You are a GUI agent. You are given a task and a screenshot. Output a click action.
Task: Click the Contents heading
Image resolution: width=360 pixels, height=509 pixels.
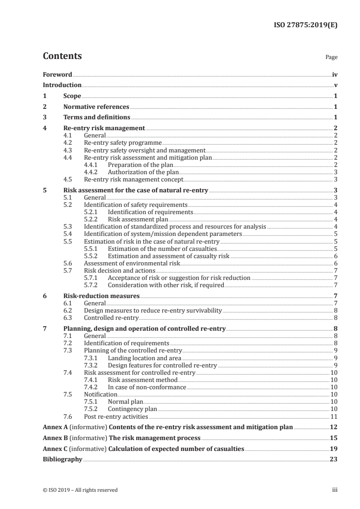62,56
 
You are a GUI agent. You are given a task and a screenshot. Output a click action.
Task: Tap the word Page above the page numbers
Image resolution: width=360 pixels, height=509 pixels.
331,58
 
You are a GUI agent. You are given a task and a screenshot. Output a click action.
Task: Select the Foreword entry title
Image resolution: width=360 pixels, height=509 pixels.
57,74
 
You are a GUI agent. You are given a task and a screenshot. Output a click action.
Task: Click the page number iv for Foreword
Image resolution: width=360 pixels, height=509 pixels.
335,74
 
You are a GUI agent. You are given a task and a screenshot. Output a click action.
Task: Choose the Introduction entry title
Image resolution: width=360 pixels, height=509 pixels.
62,85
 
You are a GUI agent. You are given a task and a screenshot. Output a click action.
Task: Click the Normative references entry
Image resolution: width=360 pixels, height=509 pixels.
96,107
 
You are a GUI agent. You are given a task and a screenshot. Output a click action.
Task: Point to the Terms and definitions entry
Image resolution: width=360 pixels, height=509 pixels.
94,117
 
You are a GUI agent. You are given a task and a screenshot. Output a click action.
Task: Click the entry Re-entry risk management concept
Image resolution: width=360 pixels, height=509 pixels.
134,179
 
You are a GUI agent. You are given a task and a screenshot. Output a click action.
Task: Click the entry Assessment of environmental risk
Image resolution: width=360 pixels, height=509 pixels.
132,263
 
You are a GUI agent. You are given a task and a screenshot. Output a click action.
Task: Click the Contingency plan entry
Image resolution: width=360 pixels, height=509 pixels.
132,409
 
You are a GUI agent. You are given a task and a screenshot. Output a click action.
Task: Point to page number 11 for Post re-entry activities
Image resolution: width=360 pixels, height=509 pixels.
334,416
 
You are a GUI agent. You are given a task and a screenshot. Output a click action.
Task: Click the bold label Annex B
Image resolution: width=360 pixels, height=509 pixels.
54,438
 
